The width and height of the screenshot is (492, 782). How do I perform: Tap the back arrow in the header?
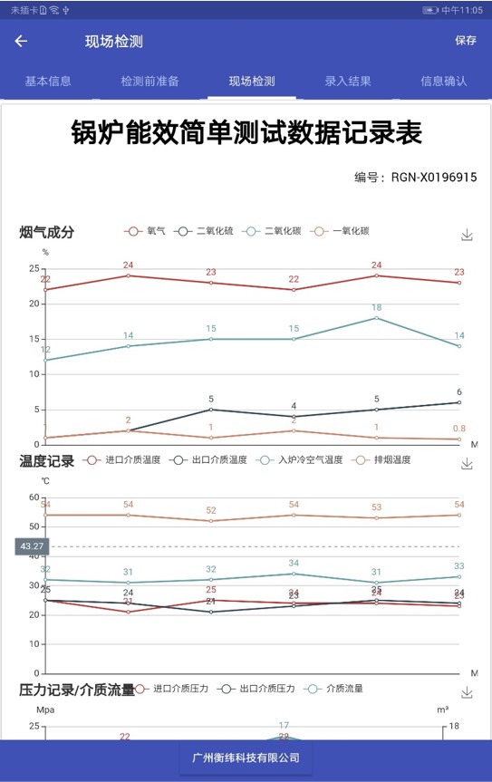(21, 41)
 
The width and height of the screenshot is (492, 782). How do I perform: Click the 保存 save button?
(466, 41)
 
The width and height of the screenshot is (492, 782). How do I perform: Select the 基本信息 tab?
(48, 82)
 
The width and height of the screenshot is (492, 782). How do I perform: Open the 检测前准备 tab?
(150, 82)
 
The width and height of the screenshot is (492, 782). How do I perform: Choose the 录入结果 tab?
(348, 82)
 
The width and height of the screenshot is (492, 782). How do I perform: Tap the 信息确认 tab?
(444, 82)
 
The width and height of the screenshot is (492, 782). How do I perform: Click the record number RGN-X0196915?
(434, 177)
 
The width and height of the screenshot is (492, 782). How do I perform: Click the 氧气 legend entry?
(145, 231)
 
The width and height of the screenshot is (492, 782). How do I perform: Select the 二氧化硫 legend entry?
(204, 231)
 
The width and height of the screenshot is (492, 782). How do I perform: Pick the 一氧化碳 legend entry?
(340, 231)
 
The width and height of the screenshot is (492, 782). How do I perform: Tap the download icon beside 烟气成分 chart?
(467, 235)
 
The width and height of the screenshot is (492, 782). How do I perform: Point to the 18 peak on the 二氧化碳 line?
(376, 318)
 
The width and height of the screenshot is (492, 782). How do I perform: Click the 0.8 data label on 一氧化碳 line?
(459, 429)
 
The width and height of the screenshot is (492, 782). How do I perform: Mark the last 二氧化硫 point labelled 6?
(459, 402)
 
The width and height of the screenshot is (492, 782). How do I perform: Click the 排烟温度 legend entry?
(381, 459)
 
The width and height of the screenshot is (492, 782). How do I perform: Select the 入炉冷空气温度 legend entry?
(300, 459)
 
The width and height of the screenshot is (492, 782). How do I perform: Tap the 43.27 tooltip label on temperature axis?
(32, 546)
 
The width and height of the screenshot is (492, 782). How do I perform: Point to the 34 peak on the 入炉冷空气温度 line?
(294, 574)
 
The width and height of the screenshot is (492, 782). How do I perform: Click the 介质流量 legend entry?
(333, 689)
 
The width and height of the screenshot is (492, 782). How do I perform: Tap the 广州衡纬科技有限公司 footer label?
(246, 758)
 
